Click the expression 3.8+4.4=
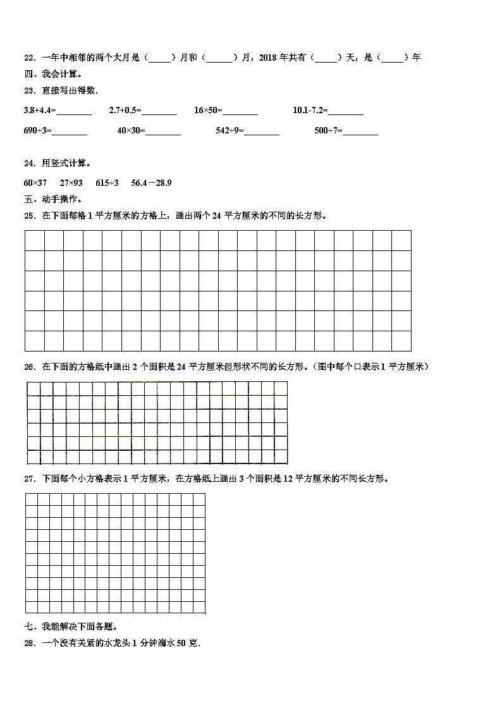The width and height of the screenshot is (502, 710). point(39,110)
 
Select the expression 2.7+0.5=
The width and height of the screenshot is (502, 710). point(125,110)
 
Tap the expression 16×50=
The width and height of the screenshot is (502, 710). point(208,110)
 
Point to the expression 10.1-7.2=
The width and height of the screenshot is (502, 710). point(310,110)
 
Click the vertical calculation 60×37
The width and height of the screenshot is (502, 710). point(35,183)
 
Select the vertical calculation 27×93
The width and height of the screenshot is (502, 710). point(71,183)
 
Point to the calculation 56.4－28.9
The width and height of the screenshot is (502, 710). point(151,183)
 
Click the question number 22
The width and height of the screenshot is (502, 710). point(28,58)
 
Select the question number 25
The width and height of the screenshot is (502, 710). point(28,216)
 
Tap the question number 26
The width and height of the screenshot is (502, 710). point(28,367)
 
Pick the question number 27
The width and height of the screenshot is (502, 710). point(28,479)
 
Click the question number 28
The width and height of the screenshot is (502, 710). point(28,643)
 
